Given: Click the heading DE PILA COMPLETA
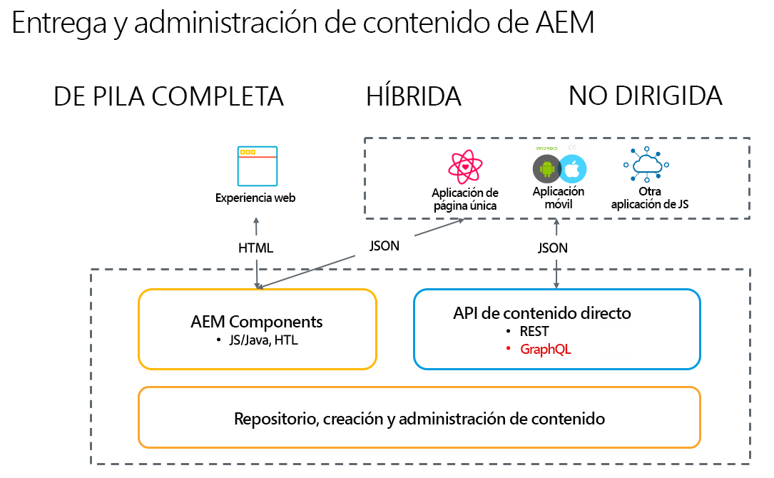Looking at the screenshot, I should (x=168, y=96).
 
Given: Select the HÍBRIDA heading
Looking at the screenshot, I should (x=414, y=96).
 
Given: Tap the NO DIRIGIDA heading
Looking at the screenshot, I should (x=645, y=96).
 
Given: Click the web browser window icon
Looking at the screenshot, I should (x=257, y=166).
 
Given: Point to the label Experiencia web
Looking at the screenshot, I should (x=255, y=198).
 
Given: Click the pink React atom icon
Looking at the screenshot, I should (x=466, y=167).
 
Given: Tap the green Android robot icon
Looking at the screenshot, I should (x=547, y=170).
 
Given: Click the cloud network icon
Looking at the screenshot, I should (x=646, y=166).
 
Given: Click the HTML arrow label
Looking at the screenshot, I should (x=255, y=248).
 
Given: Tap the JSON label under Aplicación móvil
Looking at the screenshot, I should (x=553, y=248).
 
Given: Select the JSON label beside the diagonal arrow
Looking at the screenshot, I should (x=384, y=245).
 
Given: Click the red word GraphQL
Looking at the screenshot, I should (x=546, y=350).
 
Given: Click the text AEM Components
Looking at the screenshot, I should (x=257, y=322).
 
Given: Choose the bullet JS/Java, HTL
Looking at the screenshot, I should (x=262, y=340).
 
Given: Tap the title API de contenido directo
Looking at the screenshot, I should (x=542, y=313).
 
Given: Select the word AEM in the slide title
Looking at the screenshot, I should (x=563, y=23).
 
